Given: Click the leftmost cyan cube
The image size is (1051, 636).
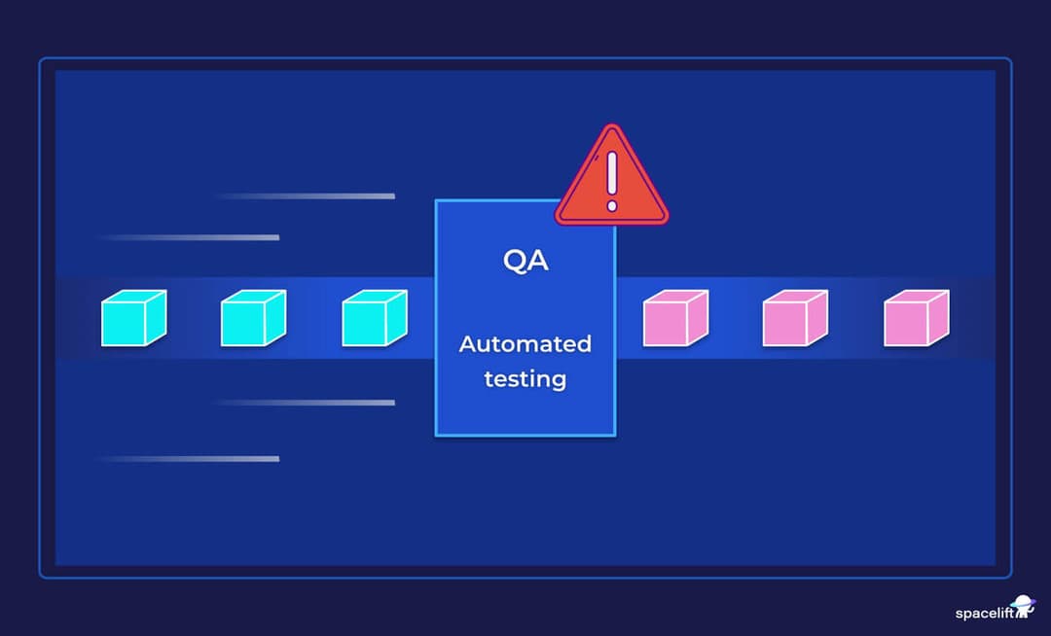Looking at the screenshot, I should pyautogui.click(x=133, y=318).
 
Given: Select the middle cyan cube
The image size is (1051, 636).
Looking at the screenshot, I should pyautogui.click(x=253, y=318).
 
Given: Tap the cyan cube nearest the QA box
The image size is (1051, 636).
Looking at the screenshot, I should pyautogui.click(x=375, y=318).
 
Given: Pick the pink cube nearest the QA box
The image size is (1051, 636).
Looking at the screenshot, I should pyautogui.click(x=675, y=318).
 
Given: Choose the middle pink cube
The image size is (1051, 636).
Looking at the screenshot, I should pyautogui.click(x=795, y=318).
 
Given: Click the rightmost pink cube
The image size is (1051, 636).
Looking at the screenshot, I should pyautogui.click(x=916, y=318).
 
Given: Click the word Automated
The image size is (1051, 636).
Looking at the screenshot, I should pyautogui.click(x=525, y=344).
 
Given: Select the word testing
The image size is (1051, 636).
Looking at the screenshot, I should pyautogui.click(x=525, y=379).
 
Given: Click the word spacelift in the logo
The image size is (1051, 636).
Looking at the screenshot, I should pyautogui.click(x=983, y=614).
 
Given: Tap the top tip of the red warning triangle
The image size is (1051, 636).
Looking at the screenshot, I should pyautogui.click(x=611, y=127).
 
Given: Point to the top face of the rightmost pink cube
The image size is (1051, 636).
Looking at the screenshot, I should pyautogui.click(x=920, y=296).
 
